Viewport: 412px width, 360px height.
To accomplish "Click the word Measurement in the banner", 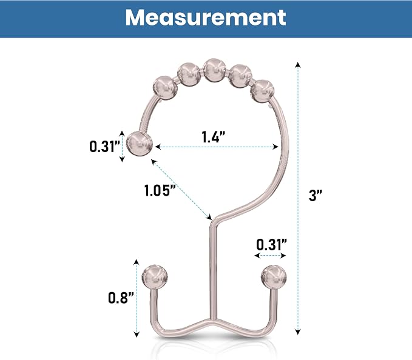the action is [x=206, y=18].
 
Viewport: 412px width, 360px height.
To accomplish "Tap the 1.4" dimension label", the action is [x=214, y=136].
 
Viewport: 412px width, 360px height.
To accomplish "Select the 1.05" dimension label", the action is [x=160, y=190].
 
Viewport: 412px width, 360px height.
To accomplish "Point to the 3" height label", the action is [x=315, y=195].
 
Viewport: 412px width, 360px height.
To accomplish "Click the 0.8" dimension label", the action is [x=121, y=298].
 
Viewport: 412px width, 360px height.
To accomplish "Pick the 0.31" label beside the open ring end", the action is [x=104, y=146].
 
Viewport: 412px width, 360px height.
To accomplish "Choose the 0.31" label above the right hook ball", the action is [x=271, y=245].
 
